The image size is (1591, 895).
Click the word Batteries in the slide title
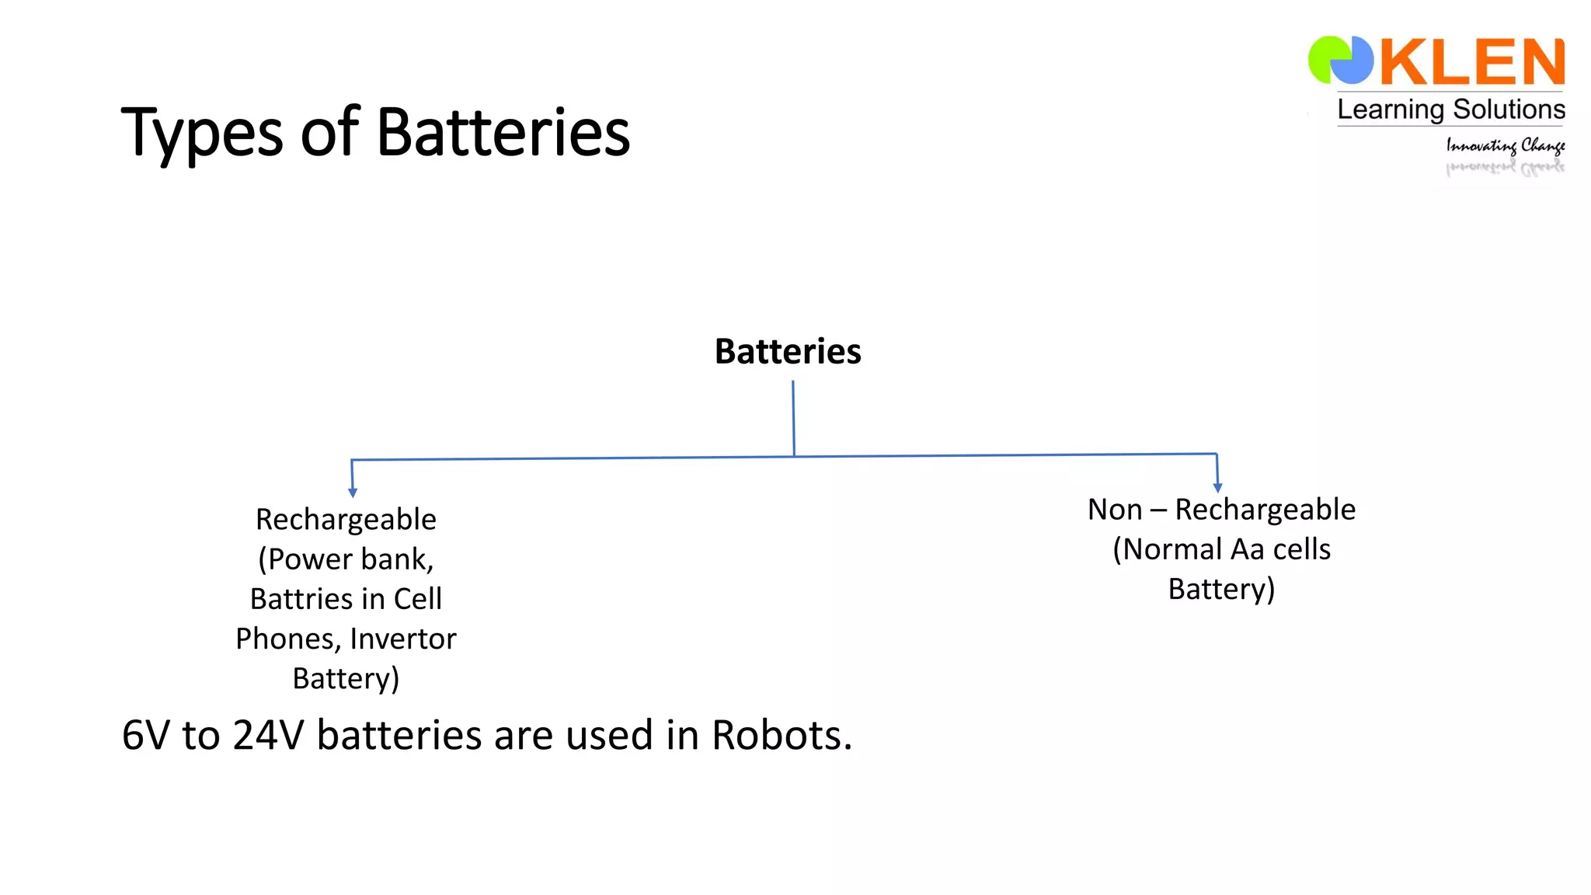[503, 132]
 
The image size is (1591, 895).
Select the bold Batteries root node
[787, 351]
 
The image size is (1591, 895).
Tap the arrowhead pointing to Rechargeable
[353, 493]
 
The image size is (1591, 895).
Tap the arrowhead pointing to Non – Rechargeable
[1217, 487]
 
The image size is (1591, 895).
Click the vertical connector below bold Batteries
[793, 418]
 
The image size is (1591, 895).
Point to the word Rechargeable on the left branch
[346, 519]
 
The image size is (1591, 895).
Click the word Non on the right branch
[1114, 510]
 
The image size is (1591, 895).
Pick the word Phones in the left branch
[287, 639]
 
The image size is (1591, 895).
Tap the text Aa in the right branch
[1248, 549]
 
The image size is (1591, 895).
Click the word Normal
[1173, 549]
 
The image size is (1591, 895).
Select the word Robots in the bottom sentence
[781, 735]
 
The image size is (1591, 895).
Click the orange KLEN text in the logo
[1471, 62]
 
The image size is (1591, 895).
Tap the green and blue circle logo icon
[1340, 60]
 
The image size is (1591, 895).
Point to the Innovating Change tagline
[1504, 145]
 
